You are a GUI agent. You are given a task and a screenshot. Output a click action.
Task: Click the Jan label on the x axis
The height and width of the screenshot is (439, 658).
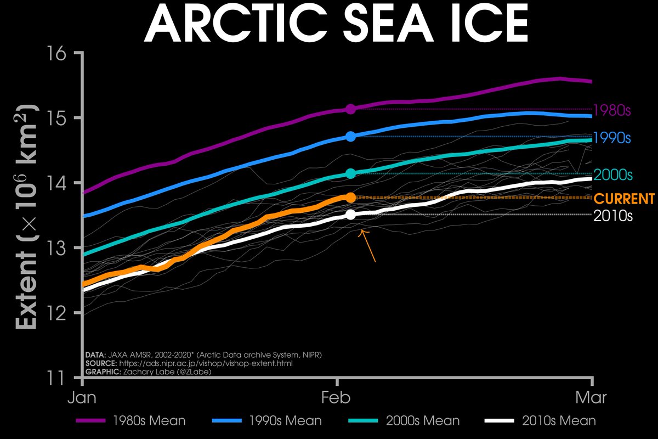click(x=82, y=397)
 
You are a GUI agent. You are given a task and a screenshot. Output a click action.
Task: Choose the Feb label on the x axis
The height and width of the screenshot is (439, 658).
click(x=336, y=397)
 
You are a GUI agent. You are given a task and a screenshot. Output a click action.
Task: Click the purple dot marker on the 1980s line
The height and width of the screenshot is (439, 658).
click(x=351, y=109)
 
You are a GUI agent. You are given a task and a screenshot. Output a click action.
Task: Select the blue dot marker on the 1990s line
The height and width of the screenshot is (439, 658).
click(x=351, y=136)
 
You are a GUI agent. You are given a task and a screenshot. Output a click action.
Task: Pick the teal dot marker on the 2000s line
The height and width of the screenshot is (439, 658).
click(x=351, y=174)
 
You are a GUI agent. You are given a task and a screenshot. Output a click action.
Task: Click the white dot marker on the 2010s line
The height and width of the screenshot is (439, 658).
click(x=351, y=215)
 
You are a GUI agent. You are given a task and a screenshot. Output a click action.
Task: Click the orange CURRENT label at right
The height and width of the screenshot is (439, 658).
click(x=625, y=199)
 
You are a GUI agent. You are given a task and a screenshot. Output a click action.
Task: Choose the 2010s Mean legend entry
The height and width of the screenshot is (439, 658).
click(x=543, y=421)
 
